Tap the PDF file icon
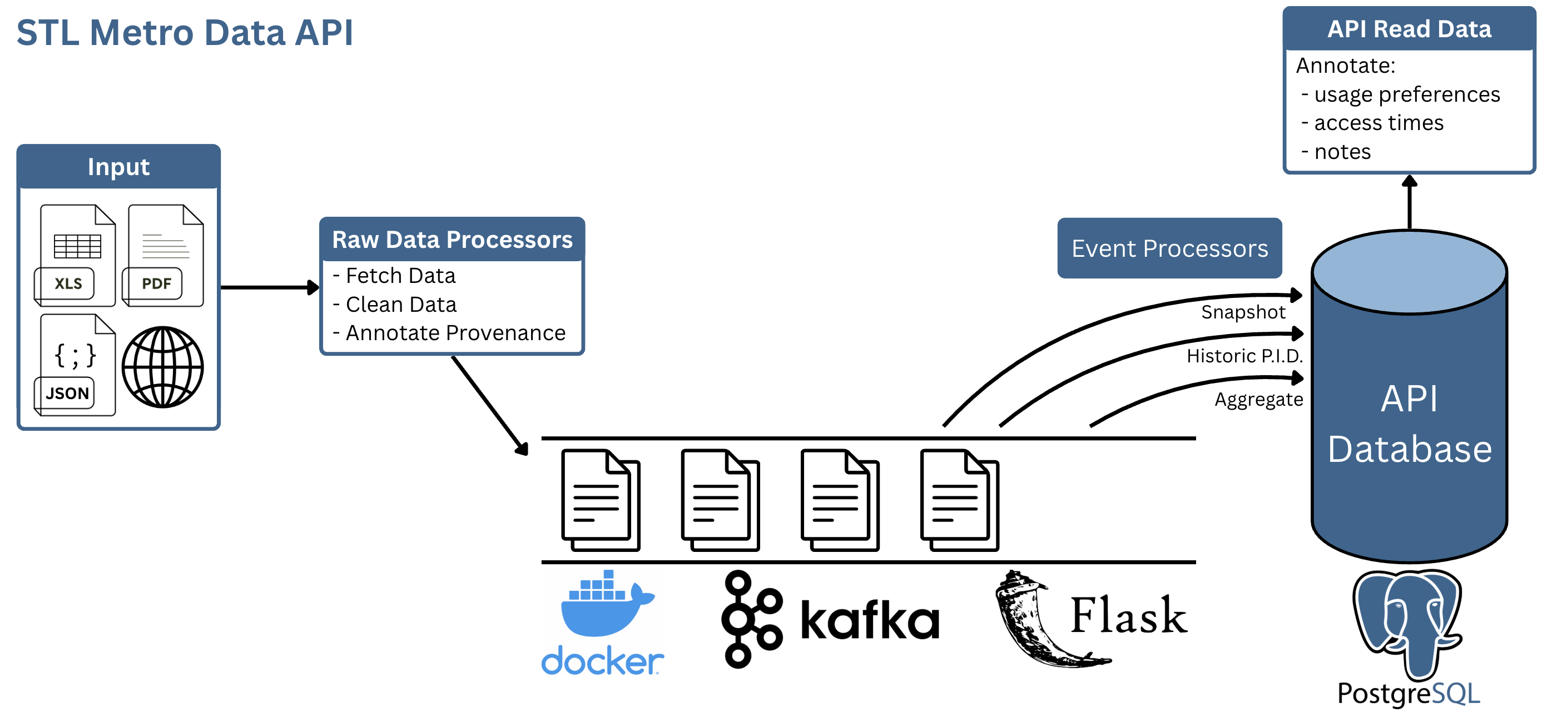[163, 256]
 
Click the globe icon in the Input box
[163, 367]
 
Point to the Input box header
[118, 166]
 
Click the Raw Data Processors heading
[452, 240]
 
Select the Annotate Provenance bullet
[455, 333]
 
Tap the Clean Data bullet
[400, 305]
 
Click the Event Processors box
[1169, 248]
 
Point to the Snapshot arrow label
[1242, 312]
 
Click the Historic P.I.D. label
[1244, 356]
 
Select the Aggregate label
[1258, 399]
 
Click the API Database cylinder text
[1409, 424]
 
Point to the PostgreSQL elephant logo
[1407, 622]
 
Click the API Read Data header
[1409, 29]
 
